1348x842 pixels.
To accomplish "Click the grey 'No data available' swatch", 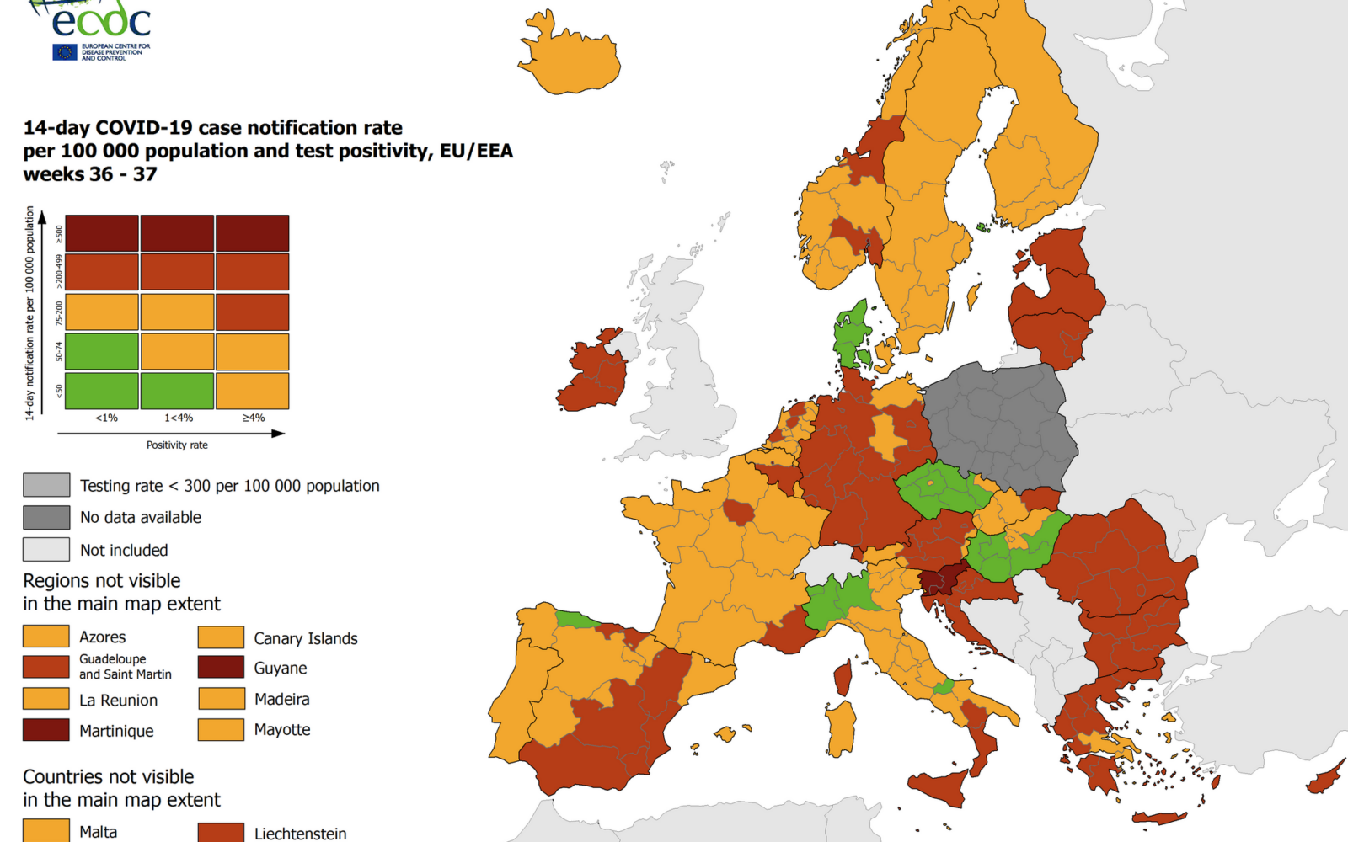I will pyautogui.click(x=46, y=517).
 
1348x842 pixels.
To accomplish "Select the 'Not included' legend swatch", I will pyautogui.click(x=46, y=549).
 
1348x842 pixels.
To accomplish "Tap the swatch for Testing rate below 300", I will pyautogui.click(x=46, y=485).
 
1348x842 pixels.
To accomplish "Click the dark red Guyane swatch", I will pyautogui.click(x=221, y=667).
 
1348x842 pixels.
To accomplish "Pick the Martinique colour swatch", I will pyautogui.click(x=46, y=729).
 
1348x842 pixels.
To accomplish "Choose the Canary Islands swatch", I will pyautogui.click(x=221, y=637).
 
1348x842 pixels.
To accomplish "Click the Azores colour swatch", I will pyautogui.click(x=46, y=636).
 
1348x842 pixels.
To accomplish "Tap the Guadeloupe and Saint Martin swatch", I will pyautogui.click(x=46, y=667).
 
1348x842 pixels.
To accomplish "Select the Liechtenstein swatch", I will pyautogui.click(x=221, y=832).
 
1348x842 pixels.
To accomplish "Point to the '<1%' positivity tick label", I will pyautogui.click(x=106, y=418).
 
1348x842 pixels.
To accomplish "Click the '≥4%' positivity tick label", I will pyautogui.click(x=254, y=418).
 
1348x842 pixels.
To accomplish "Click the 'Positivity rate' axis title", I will pyautogui.click(x=177, y=445).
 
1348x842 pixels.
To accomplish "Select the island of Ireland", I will pyautogui.click(x=594, y=375).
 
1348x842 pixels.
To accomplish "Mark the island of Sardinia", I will pyautogui.click(x=840, y=728).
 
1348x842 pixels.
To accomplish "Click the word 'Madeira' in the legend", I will pyautogui.click(x=282, y=699).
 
